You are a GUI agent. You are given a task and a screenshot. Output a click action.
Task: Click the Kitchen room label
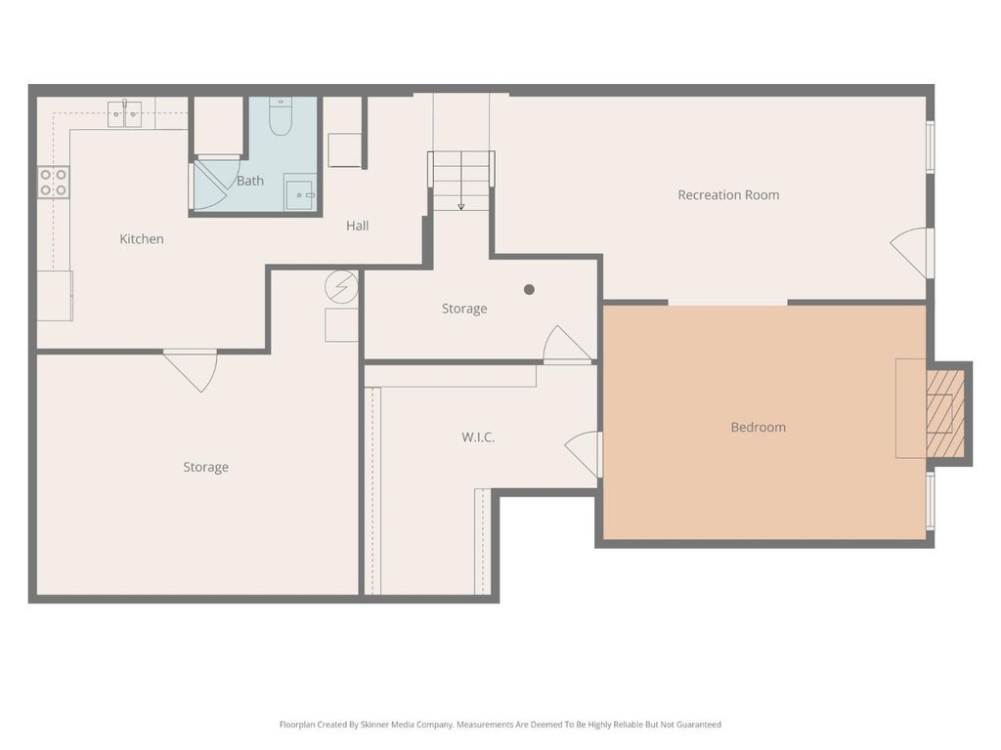142,238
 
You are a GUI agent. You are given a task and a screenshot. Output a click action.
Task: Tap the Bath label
250,181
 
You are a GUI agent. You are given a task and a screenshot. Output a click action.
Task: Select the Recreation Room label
728,194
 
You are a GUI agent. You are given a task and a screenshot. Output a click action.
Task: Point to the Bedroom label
759,427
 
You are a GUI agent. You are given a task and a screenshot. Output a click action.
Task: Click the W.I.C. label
478,437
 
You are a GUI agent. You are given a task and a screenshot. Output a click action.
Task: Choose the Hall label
358,226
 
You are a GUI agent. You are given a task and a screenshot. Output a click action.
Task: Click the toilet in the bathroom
281,117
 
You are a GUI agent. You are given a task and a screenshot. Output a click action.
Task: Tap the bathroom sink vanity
300,191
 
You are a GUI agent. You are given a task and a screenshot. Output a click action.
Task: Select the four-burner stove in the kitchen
54,182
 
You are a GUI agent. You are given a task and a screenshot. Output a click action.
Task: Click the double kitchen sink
124,114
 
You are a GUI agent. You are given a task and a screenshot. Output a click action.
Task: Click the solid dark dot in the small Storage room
529,289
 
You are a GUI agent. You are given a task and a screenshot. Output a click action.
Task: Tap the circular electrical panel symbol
341,286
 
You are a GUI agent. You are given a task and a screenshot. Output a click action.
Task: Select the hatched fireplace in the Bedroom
945,413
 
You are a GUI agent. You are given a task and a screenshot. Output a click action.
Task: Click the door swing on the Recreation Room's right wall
910,253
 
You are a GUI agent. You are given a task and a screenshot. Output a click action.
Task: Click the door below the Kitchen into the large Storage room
191,370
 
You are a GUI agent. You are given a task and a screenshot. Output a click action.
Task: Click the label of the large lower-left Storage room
205,467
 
